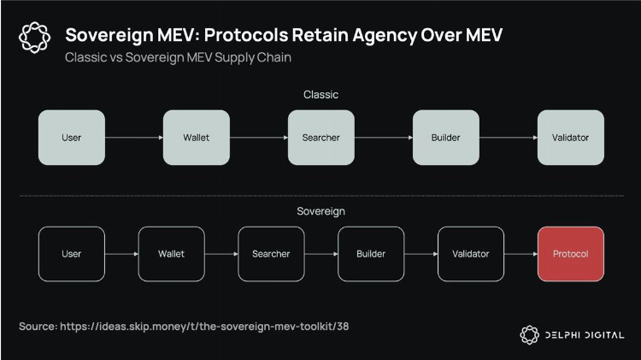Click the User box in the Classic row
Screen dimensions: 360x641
72,137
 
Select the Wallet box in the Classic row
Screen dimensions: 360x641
196,137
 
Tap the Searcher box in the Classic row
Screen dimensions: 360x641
320,137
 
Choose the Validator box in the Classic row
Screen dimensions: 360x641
569,137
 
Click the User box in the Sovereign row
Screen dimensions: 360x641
72,254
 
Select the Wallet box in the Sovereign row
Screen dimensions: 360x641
171,254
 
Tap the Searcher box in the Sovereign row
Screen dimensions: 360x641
271,254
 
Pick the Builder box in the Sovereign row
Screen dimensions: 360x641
371,254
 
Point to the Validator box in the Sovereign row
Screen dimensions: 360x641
470,254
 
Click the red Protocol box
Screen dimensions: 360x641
570,254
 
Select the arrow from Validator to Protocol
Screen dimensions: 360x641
520,254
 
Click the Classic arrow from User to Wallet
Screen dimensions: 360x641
133,137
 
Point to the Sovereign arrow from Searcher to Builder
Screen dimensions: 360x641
320,254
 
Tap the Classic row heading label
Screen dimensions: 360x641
320,94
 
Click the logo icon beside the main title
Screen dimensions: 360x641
35,38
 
